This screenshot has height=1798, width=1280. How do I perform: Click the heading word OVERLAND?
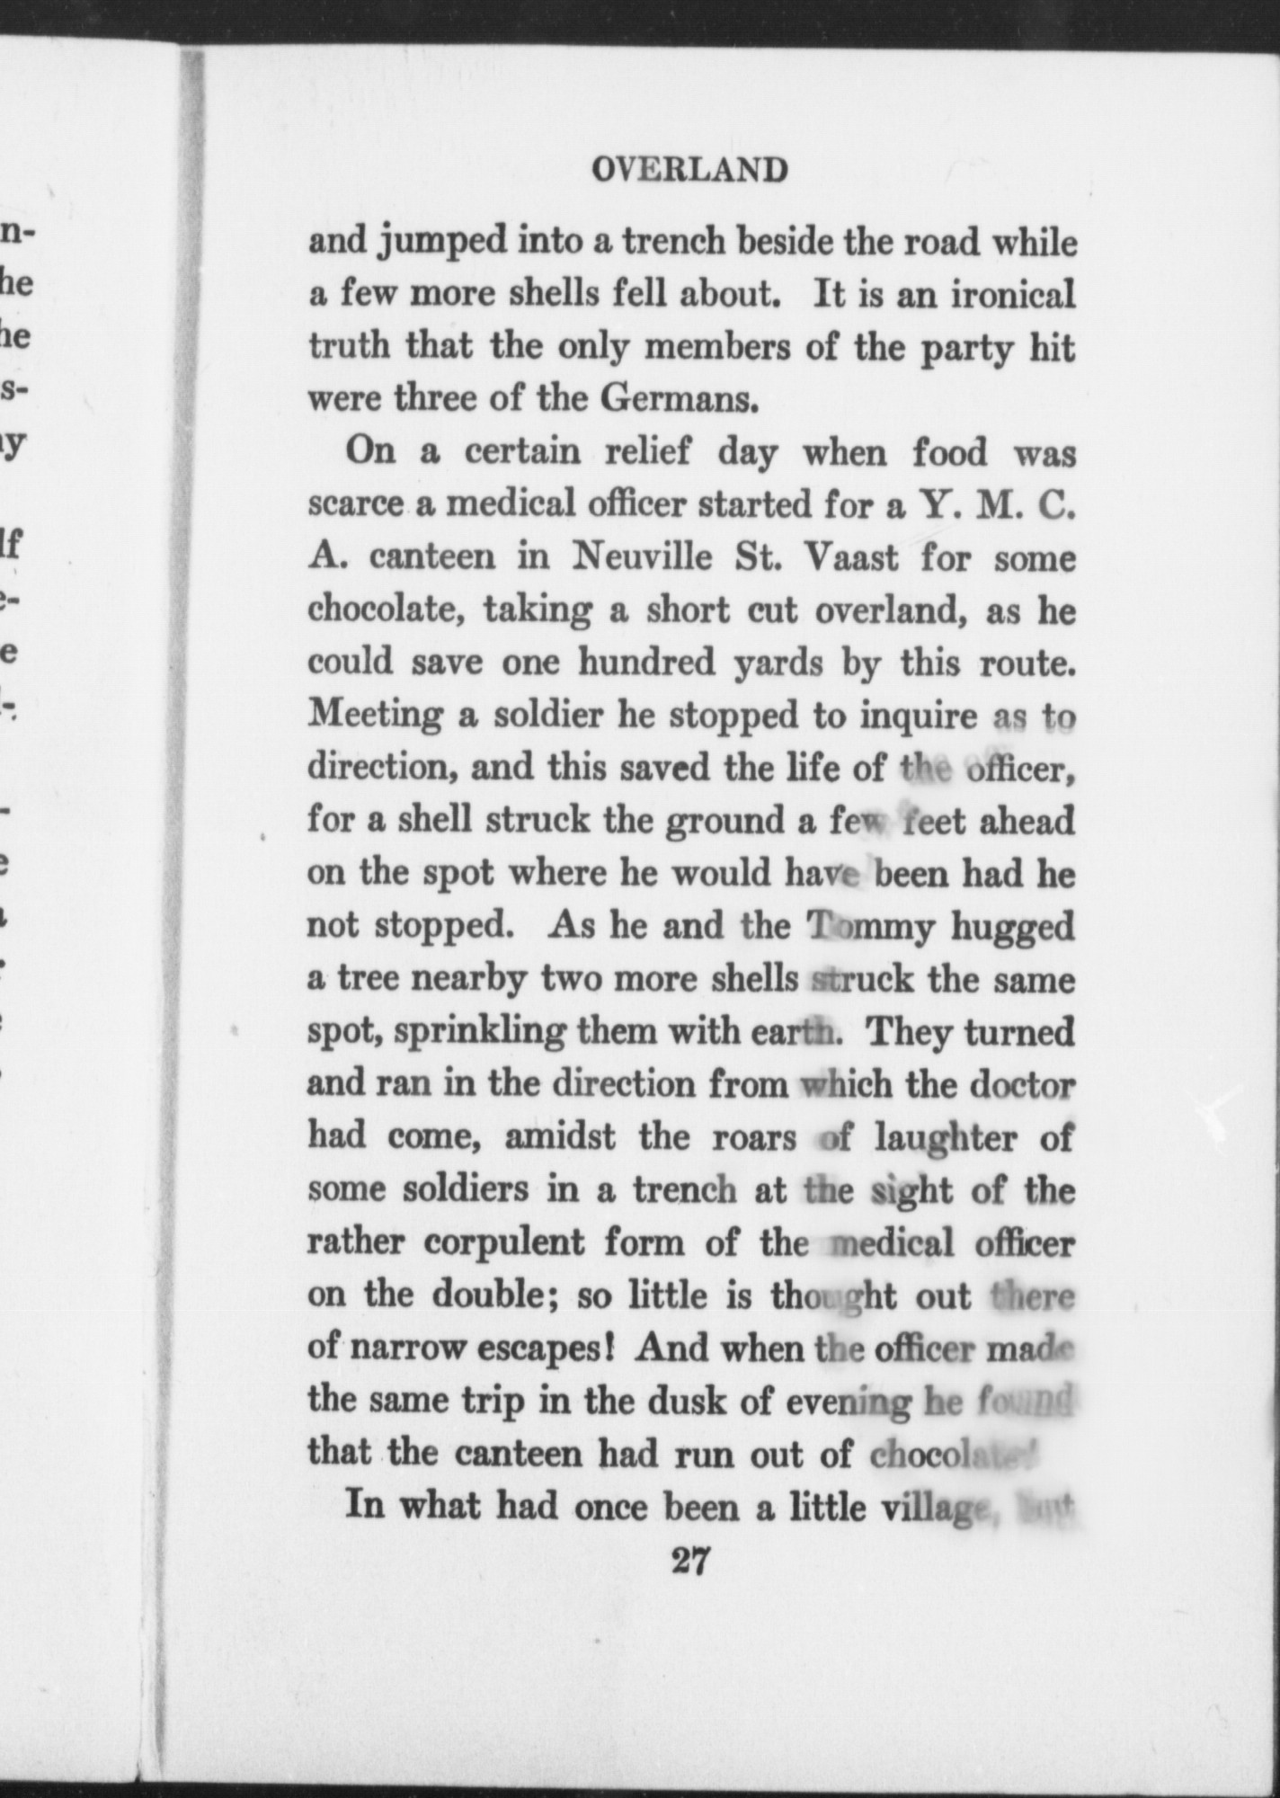pos(689,170)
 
